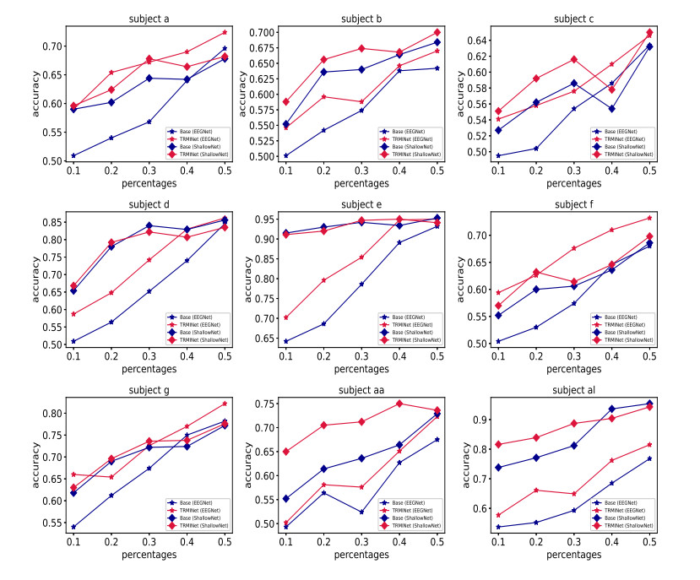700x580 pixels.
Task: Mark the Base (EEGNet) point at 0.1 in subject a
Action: pos(73,155)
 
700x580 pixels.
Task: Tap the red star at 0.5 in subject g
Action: pos(225,404)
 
